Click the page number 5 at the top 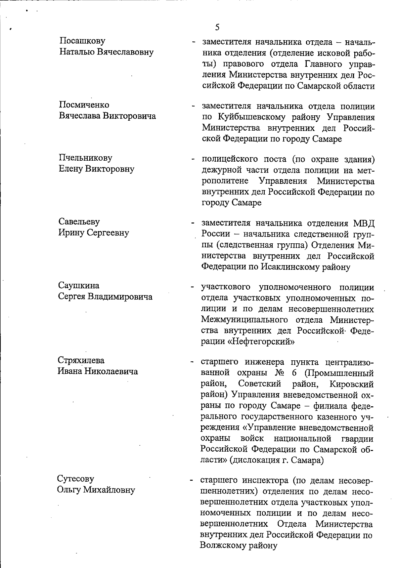(217, 27)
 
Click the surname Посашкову (82, 41)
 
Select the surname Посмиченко (84, 105)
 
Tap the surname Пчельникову (85, 158)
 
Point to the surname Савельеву (79, 222)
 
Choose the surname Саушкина (79, 285)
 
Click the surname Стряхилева (81, 360)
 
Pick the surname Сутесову (76, 479)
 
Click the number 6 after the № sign (294, 373)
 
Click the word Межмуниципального (244, 320)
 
